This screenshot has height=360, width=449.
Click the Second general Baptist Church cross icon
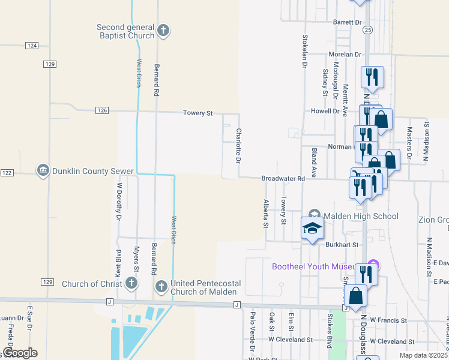coord(163,31)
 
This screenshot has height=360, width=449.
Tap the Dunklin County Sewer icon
coord(43,171)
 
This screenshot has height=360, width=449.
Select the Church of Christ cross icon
coord(131,284)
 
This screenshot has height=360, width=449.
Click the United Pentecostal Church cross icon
coord(161,287)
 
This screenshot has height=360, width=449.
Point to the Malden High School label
coord(360,216)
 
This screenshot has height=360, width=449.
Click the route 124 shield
coord(32,46)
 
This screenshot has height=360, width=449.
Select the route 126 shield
coord(102,110)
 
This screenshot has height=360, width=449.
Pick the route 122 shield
coord(7,173)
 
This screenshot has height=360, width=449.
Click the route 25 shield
coord(367,29)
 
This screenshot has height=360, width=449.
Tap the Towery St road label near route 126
coord(198,113)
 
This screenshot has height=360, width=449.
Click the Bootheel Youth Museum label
coord(318,266)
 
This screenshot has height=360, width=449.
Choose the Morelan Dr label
coord(345,54)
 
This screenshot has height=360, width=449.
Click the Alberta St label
coord(265,214)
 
